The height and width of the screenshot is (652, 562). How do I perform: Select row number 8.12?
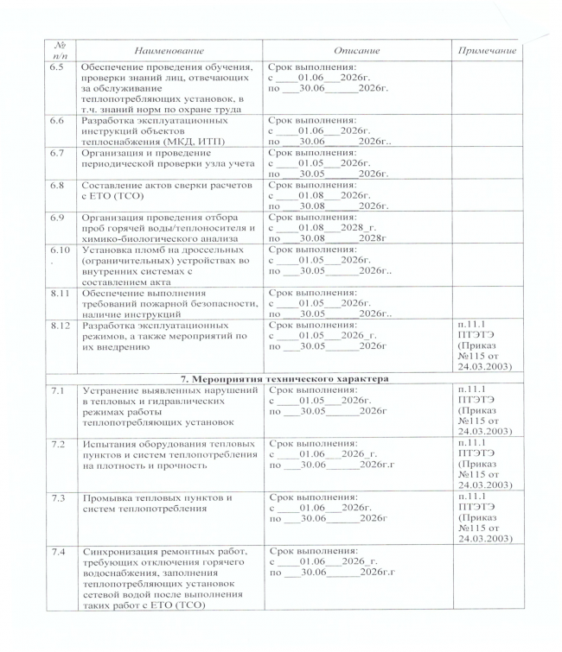coord(59,326)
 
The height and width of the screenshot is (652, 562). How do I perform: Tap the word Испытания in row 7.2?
coord(112,443)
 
